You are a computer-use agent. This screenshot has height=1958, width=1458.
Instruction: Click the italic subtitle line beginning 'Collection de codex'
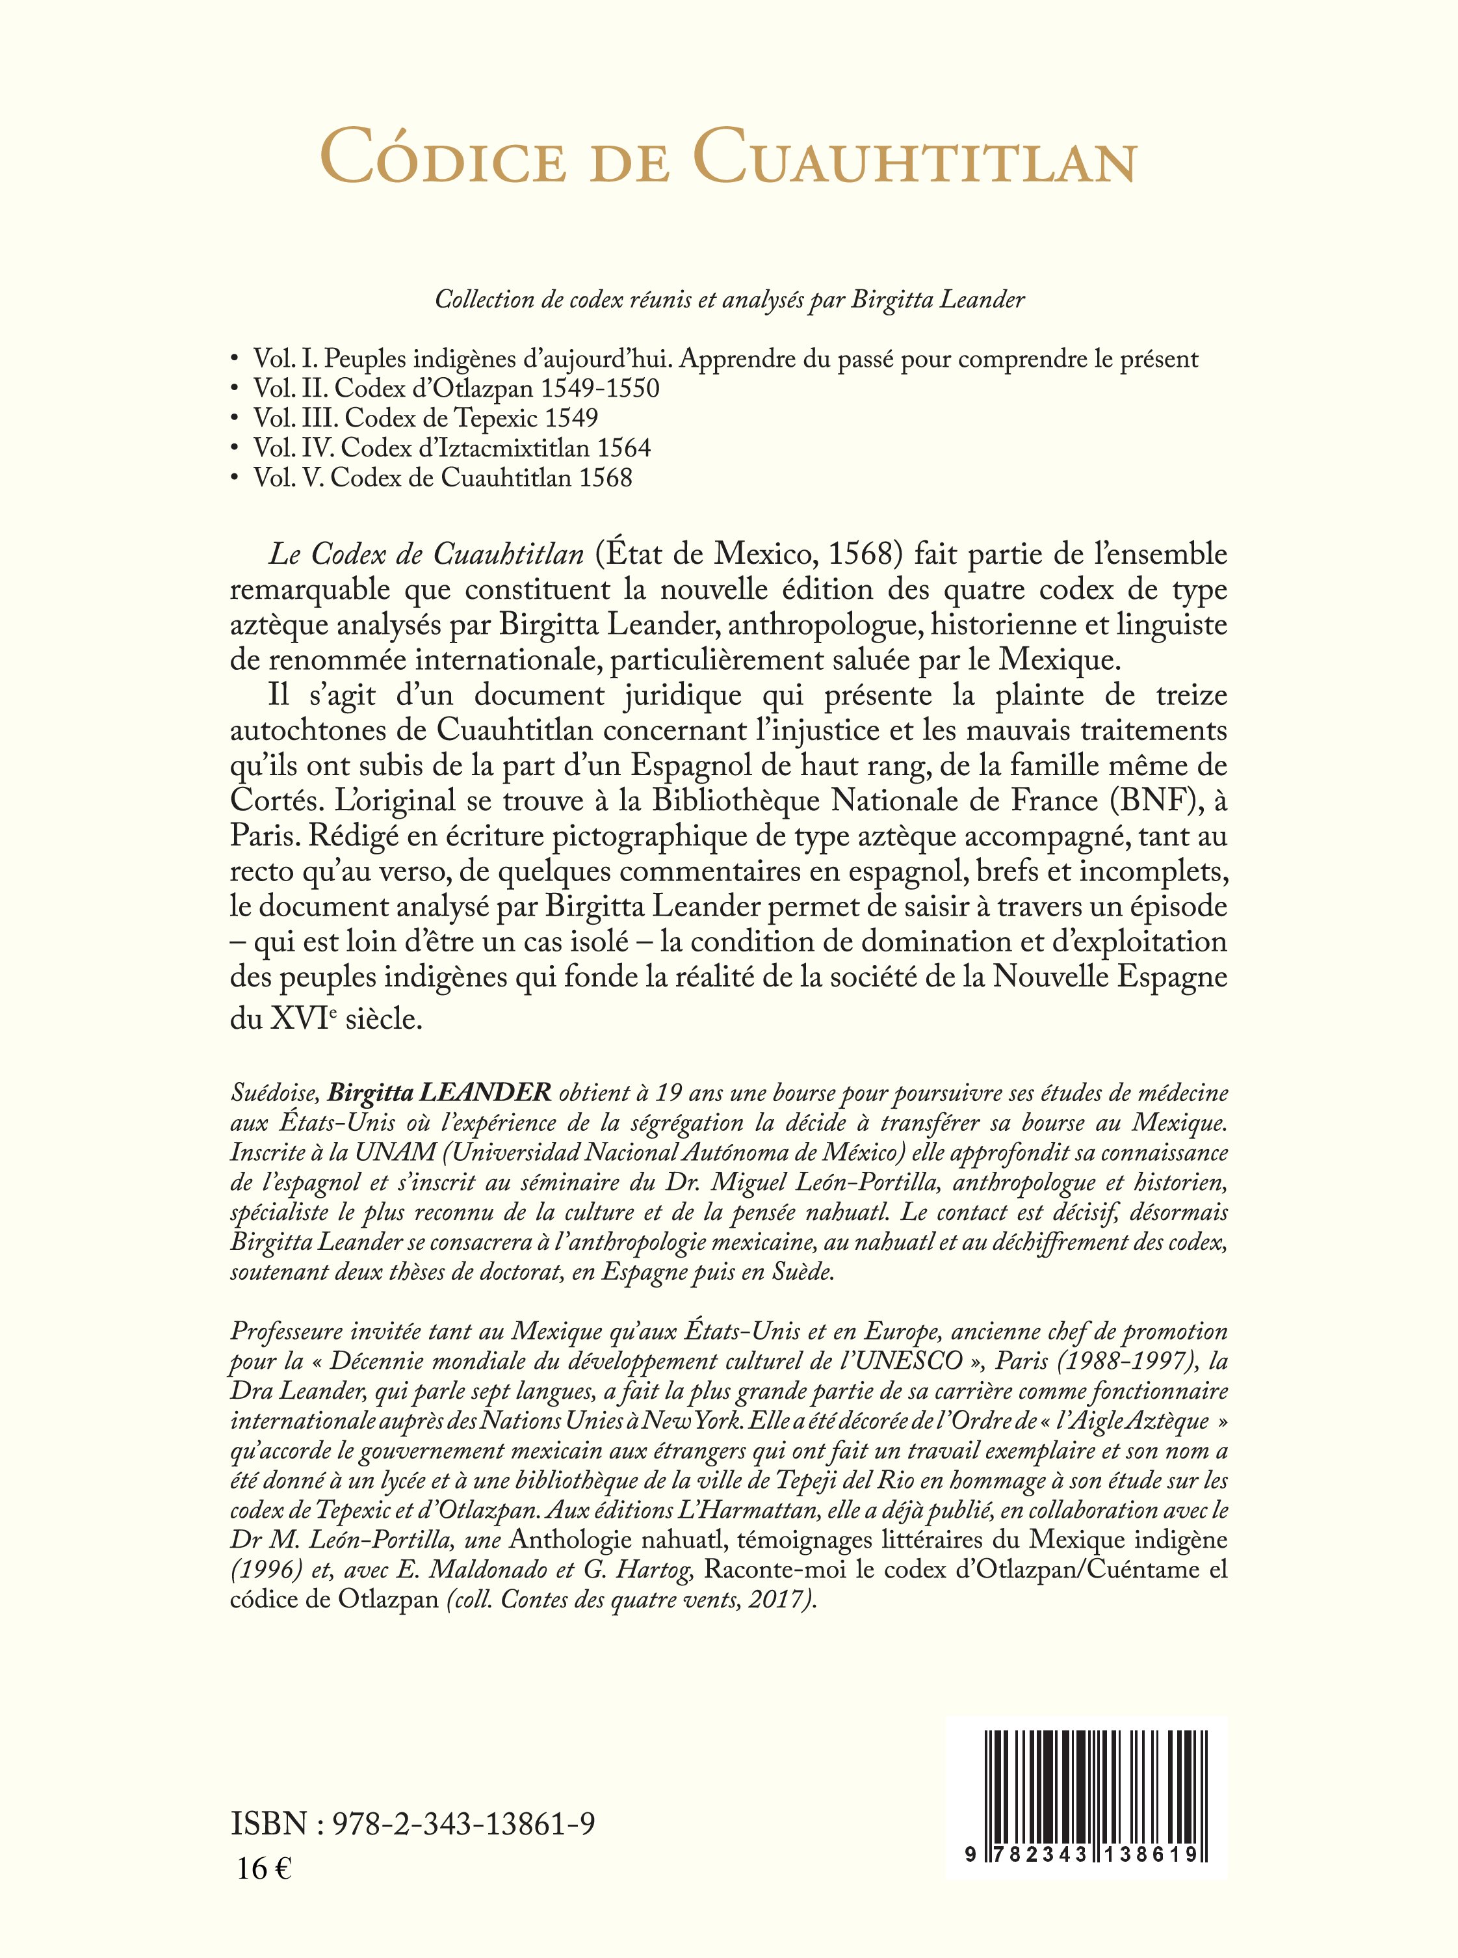[729, 300]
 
